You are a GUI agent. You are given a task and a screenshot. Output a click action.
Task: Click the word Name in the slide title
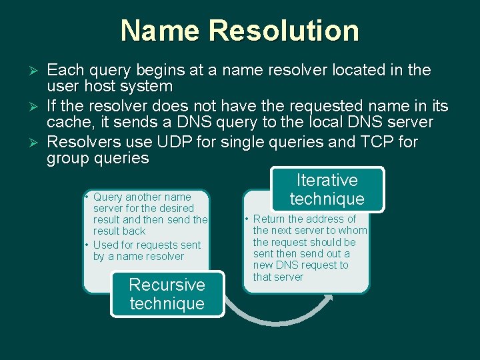tap(160, 31)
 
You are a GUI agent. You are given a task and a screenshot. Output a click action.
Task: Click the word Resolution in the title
tap(283, 31)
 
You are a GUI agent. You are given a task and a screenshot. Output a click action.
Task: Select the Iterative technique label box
tap(327, 189)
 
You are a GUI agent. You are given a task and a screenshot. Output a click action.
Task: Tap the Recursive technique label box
tap(167, 294)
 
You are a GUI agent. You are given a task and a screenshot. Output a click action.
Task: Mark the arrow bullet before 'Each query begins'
tap(37, 71)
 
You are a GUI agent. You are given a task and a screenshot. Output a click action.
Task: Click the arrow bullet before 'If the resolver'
tap(37, 107)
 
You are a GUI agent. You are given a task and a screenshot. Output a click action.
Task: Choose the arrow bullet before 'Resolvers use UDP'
tap(37, 143)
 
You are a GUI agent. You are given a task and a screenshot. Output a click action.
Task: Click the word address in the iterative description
tap(323, 219)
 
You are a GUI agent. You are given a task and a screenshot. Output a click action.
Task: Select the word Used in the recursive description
tap(107, 245)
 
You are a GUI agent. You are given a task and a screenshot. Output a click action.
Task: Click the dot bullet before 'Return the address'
tap(247, 219)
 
